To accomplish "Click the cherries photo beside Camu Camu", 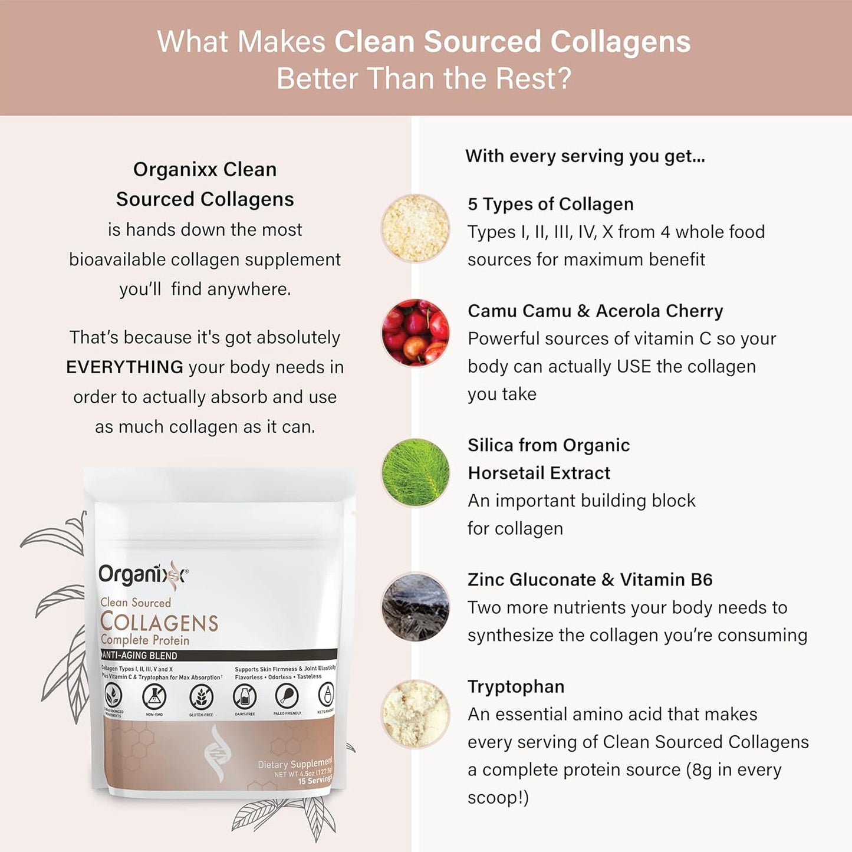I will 415,333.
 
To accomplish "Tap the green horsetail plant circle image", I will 415,472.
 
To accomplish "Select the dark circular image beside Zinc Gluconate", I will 415,607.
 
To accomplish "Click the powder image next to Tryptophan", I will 415,713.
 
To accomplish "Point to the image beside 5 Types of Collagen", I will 415,228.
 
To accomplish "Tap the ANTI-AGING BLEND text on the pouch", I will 140,655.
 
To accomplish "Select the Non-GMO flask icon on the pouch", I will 154,697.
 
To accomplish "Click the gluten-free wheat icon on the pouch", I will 201,697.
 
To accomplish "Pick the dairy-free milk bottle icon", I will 245,696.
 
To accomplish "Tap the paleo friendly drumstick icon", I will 287,696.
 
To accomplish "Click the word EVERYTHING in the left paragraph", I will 124,367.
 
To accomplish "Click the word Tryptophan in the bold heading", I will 516,686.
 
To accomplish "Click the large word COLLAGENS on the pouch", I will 159,622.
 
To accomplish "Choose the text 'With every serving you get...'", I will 585,156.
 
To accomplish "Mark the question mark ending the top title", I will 564,79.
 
